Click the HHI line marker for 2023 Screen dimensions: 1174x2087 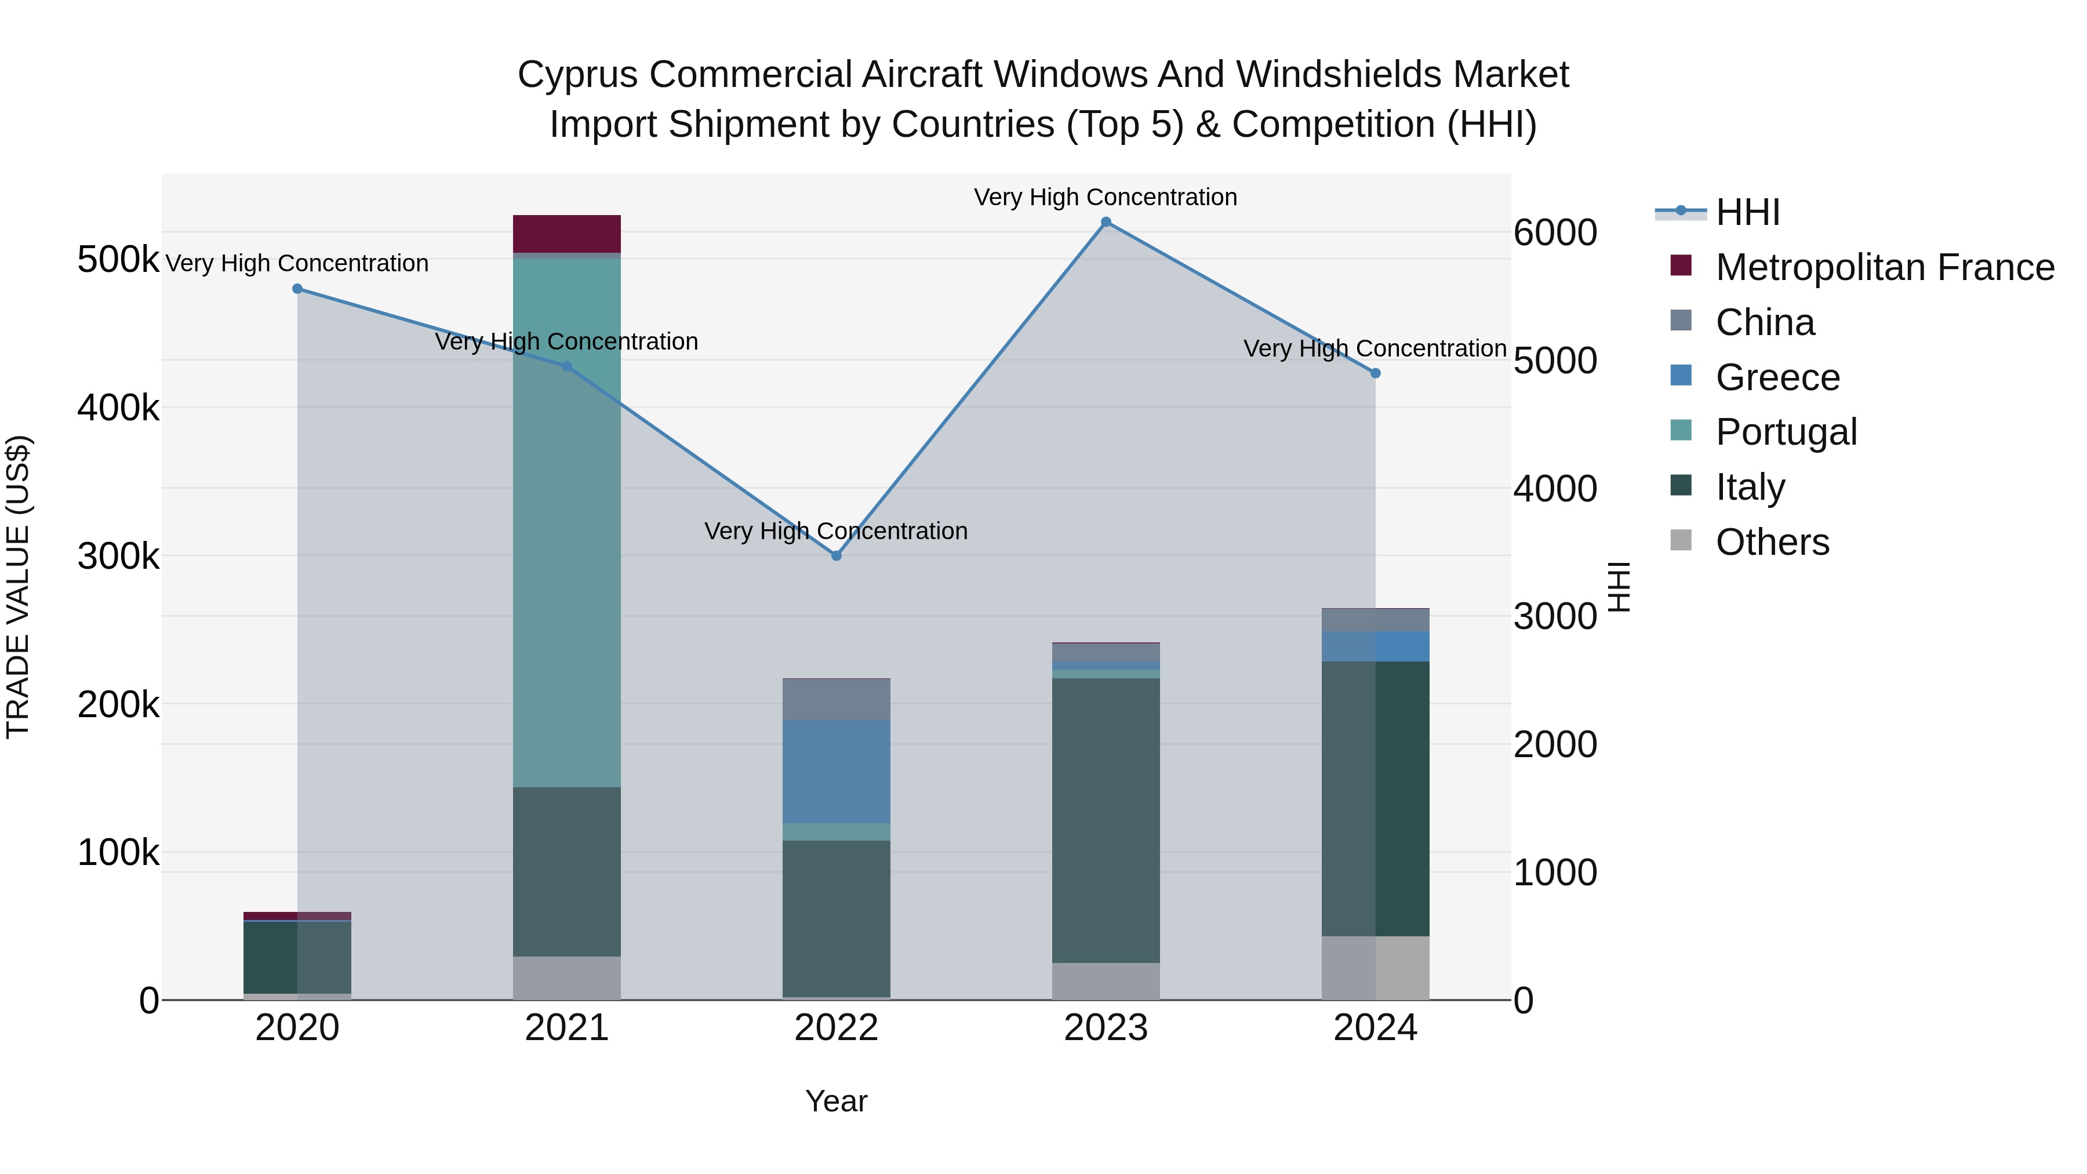coord(1106,222)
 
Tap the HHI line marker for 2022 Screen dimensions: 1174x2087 coord(836,556)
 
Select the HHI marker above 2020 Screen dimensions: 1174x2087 coord(297,289)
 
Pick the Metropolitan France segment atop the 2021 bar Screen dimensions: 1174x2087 coord(566,234)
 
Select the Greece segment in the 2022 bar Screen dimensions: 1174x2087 coord(836,771)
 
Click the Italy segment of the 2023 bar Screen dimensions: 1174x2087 coord(1106,820)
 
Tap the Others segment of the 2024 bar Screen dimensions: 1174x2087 coord(1375,968)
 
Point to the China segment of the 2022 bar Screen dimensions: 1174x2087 coord(836,699)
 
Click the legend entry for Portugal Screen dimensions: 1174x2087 coord(1785,432)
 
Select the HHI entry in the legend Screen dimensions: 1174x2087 coord(1747,212)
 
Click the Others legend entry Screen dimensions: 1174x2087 coord(1771,542)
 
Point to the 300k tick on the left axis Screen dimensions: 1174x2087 coord(118,557)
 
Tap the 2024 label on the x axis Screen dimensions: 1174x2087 coord(1375,1028)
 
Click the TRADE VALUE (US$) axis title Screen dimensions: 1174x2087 coord(18,587)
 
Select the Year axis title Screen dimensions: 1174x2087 coord(836,1101)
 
